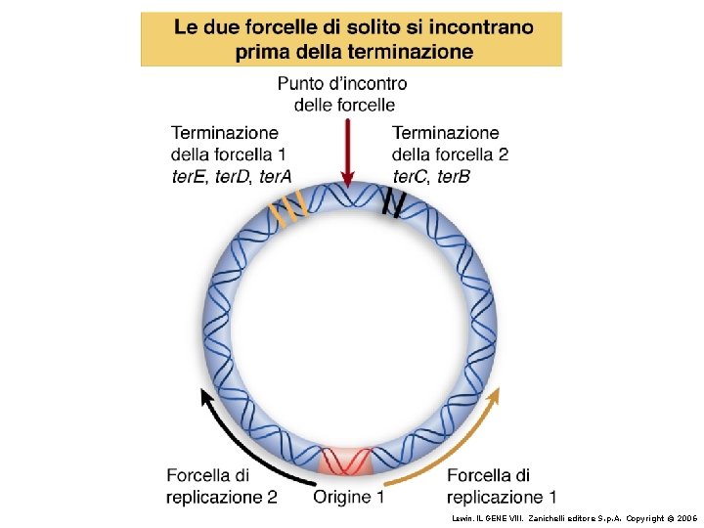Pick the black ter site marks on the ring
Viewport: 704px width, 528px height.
(x=393, y=202)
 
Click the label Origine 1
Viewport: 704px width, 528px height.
(x=348, y=498)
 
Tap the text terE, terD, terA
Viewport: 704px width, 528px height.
(x=231, y=176)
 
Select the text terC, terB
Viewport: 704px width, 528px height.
(x=431, y=176)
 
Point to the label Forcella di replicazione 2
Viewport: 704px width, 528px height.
(x=221, y=486)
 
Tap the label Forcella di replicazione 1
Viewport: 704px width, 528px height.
(x=502, y=486)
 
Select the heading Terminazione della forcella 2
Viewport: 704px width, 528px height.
(x=450, y=143)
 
